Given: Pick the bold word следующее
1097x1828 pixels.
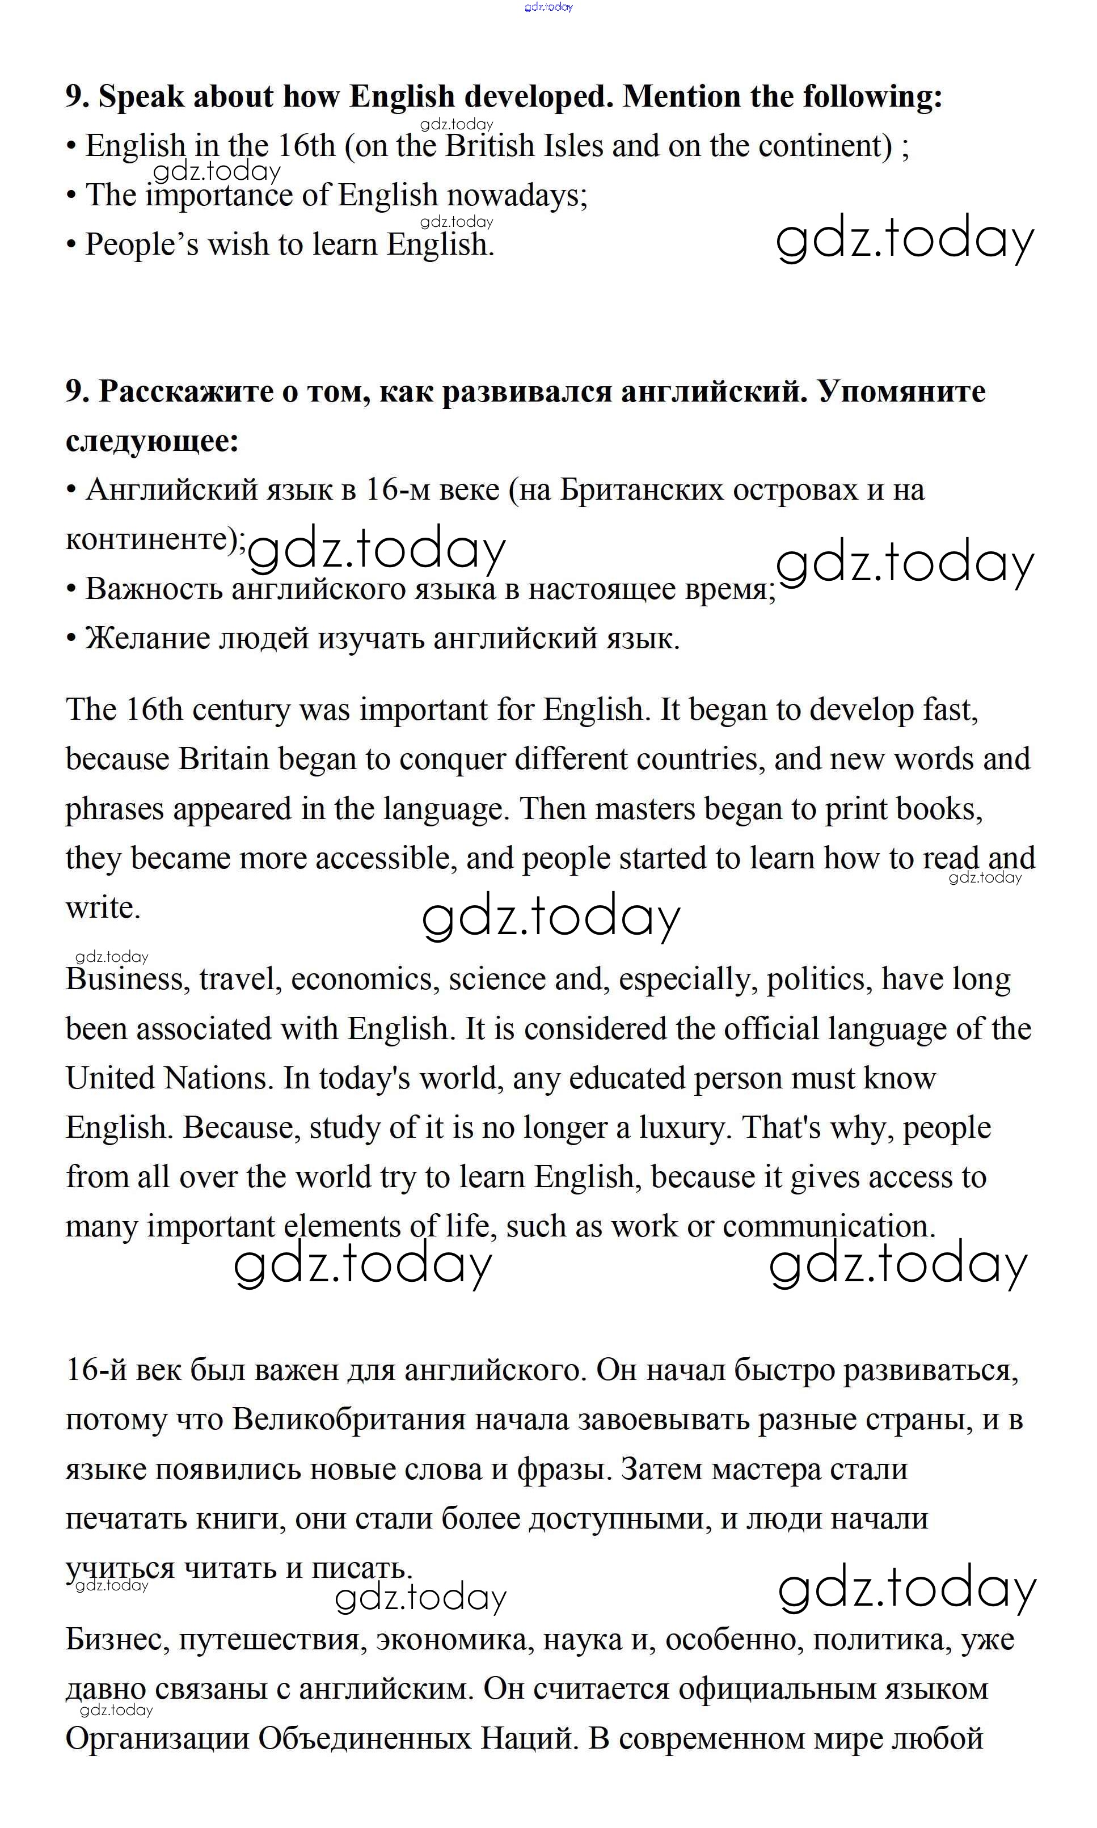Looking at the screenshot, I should tap(152, 441).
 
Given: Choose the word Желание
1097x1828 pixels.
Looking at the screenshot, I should tap(147, 638).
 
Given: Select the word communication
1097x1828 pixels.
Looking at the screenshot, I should tap(829, 1226).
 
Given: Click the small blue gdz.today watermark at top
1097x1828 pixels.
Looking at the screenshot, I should tap(548, 7).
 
